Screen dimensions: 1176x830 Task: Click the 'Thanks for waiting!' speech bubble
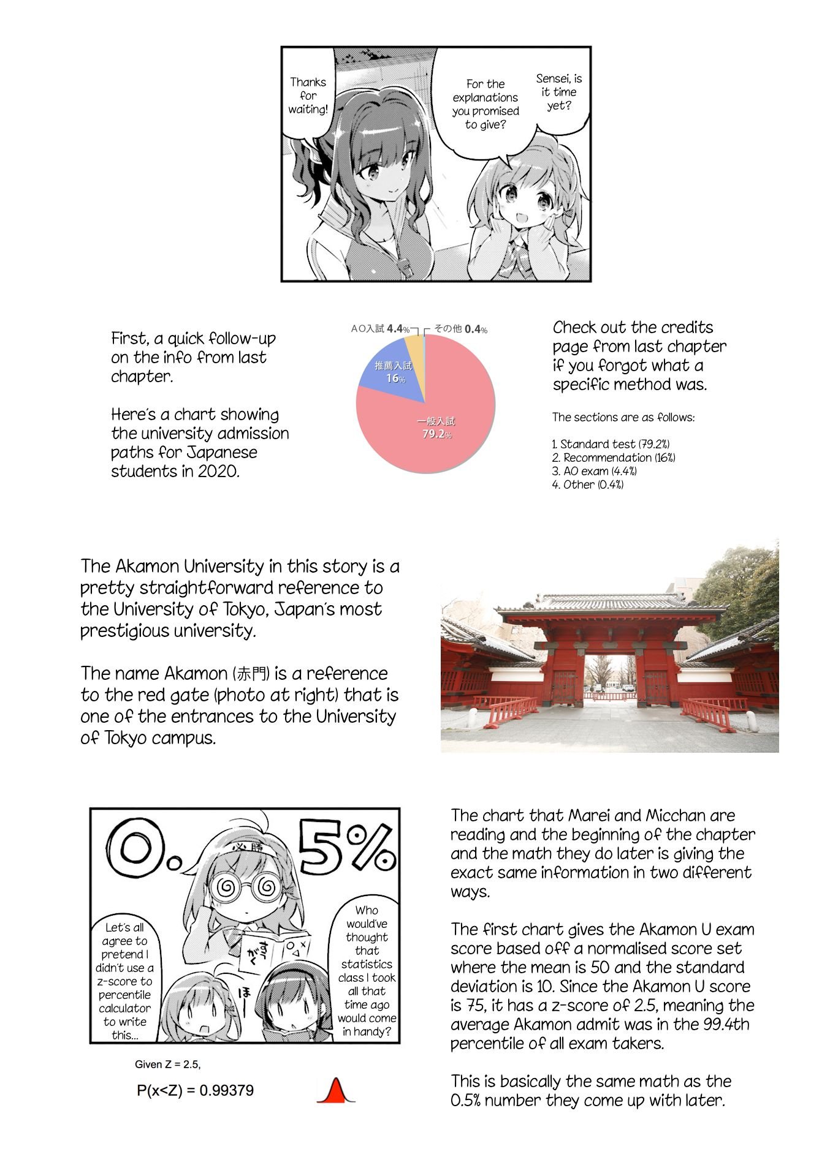coord(308,96)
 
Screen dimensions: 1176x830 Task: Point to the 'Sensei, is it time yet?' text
coord(558,92)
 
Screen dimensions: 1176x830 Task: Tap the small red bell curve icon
coord(335,1090)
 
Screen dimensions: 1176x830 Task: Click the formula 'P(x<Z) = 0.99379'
coord(195,1090)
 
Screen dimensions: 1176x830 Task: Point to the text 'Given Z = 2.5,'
coord(167,1064)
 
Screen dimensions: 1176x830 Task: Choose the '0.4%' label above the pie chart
coord(476,329)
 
